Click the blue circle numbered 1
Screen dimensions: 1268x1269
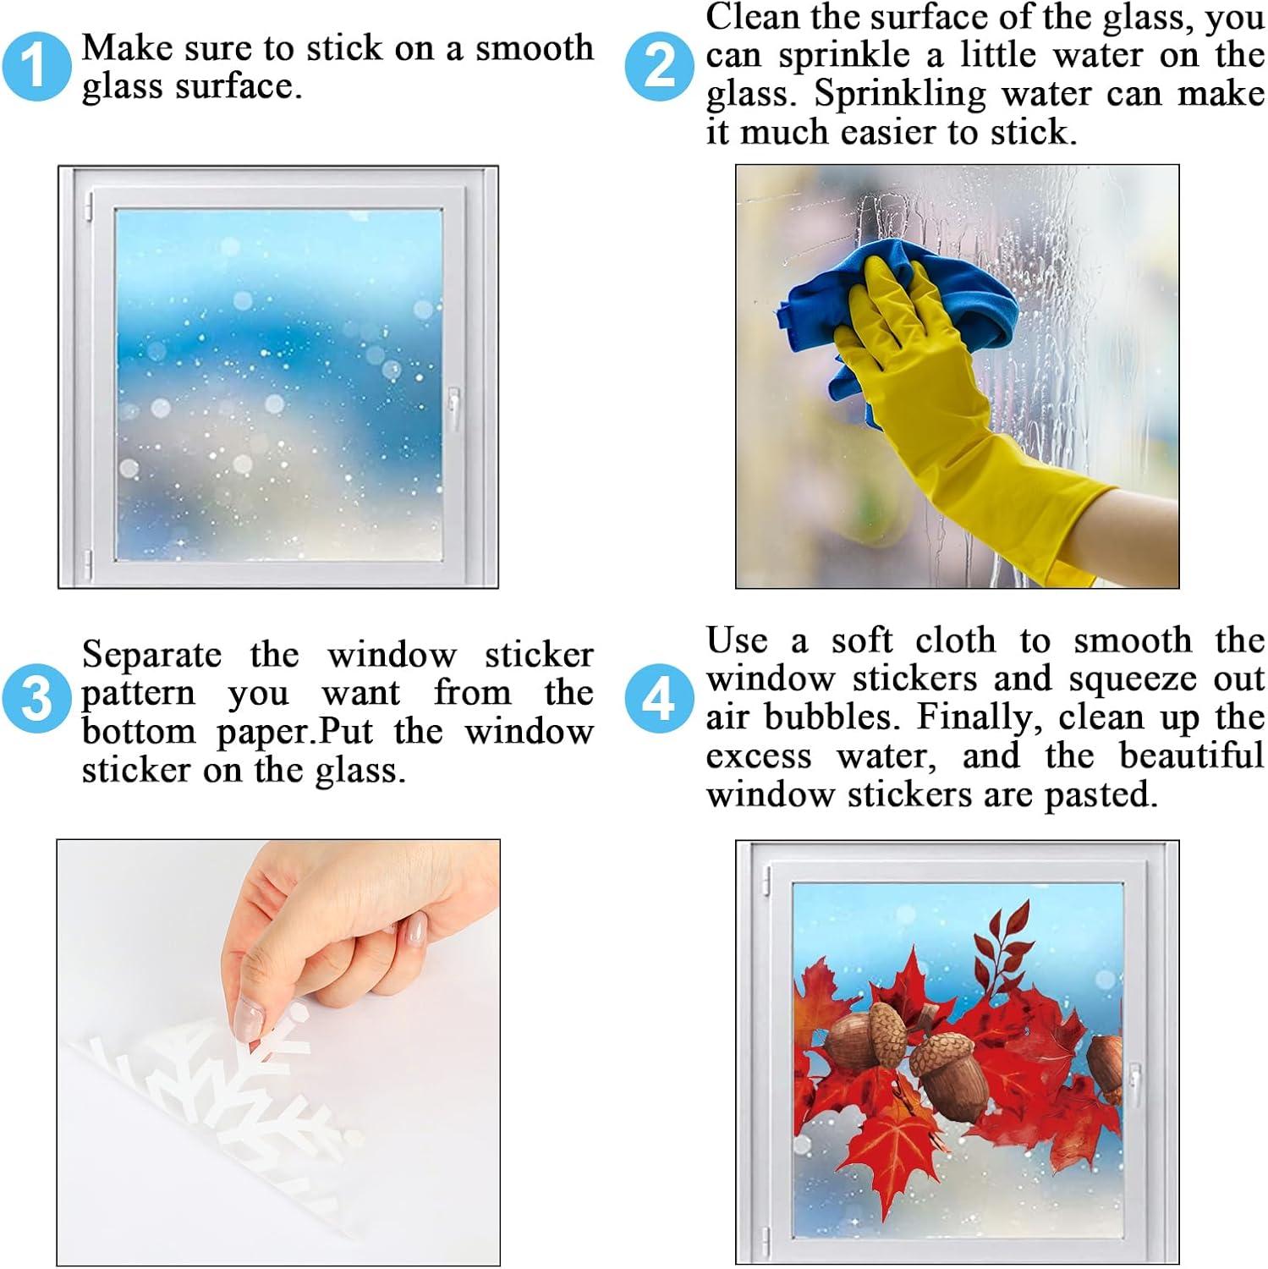(x=36, y=66)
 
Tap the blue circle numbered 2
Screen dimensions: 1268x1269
(x=659, y=66)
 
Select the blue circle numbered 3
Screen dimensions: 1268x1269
(x=36, y=699)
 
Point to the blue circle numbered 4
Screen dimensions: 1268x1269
(x=659, y=699)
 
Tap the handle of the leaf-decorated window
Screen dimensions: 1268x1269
(x=1134, y=1085)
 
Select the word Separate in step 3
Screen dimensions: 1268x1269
(x=151, y=656)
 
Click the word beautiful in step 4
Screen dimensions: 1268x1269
(x=1191, y=755)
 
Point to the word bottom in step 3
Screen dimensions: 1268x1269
(x=139, y=732)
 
